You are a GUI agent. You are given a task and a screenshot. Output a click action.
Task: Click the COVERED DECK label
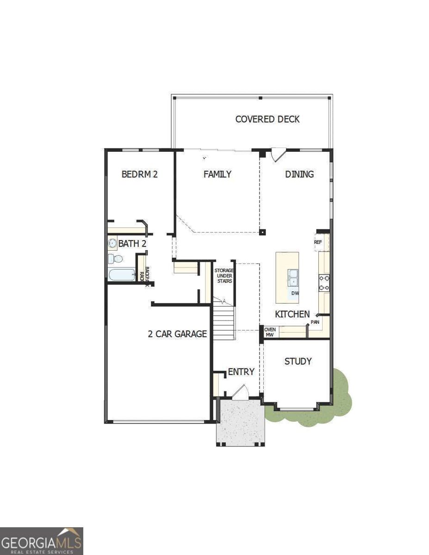coord(267,119)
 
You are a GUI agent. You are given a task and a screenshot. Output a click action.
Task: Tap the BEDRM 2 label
coord(139,174)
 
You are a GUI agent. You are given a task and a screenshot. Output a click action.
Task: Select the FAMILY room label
coord(217,174)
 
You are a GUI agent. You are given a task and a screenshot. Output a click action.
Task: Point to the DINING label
coord(299,174)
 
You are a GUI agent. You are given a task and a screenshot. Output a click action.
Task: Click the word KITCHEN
coord(292,314)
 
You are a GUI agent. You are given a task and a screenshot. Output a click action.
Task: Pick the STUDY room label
coord(298,362)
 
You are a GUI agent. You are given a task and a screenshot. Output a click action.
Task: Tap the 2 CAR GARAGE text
coord(177,334)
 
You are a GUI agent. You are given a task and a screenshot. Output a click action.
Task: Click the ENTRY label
coord(241,372)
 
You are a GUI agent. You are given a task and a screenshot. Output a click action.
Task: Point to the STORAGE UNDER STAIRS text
coord(223,276)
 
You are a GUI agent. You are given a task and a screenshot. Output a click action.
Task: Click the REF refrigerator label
coord(318,242)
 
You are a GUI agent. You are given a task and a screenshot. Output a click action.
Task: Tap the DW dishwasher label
coord(295,294)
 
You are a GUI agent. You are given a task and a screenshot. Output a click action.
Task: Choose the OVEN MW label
coord(270,332)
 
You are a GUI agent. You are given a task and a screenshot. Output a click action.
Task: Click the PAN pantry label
coord(315,322)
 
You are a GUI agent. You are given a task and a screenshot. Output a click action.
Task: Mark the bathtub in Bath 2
coord(122,275)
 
